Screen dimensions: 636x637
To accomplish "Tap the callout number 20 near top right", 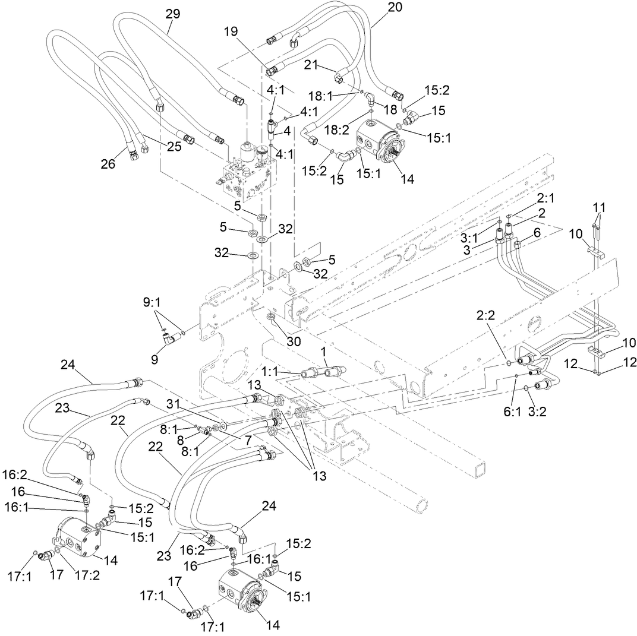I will (395, 8).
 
